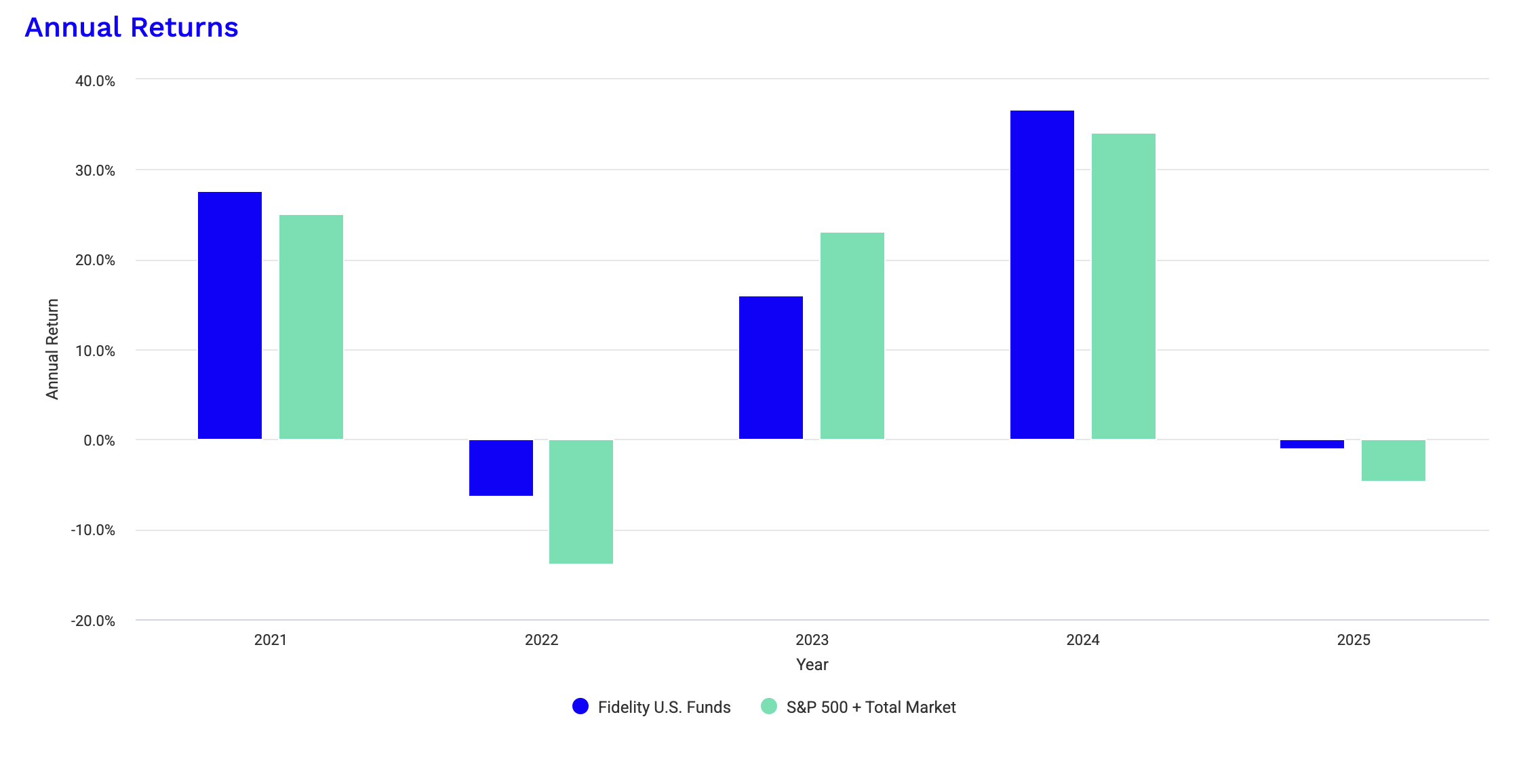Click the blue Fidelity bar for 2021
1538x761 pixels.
pyautogui.click(x=230, y=315)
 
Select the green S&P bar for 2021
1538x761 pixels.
pyautogui.click(x=311, y=327)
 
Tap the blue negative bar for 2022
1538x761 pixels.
pyautogui.click(x=501, y=467)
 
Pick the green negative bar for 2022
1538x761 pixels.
pyautogui.click(x=581, y=501)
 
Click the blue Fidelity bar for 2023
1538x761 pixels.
pyautogui.click(x=771, y=368)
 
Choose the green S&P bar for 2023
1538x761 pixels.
pyautogui.click(x=852, y=336)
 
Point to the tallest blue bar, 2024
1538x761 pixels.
pyautogui.click(x=1042, y=275)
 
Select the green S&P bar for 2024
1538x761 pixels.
pyautogui.click(x=1124, y=286)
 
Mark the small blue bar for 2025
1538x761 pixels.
pyautogui.click(x=1312, y=444)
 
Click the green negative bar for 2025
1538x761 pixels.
pyautogui.click(x=1394, y=461)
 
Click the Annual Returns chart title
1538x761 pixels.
pyautogui.click(x=132, y=28)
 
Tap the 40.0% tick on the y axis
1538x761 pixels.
pyautogui.click(x=95, y=81)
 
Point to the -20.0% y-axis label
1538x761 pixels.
pyautogui.click(x=93, y=621)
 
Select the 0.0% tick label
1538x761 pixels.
pyautogui.click(x=99, y=441)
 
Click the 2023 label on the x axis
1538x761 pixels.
pyautogui.click(x=812, y=640)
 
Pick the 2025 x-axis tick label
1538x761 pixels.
pyautogui.click(x=1354, y=640)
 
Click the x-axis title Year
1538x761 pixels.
pyautogui.click(x=812, y=665)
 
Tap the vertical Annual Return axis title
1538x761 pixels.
pyautogui.click(x=52, y=349)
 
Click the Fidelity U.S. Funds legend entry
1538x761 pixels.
pyautogui.click(x=652, y=707)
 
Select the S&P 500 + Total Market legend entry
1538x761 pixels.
pyautogui.click(x=859, y=707)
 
